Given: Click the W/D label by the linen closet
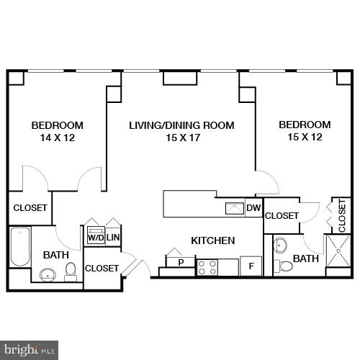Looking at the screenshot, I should pyautogui.click(x=95, y=237).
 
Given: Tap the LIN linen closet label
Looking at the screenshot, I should pyautogui.click(x=113, y=237).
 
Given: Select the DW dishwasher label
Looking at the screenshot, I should pyautogui.click(x=253, y=209).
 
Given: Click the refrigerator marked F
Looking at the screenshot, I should pyautogui.click(x=251, y=266).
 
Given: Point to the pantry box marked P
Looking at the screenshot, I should pyautogui.click(x=181, y=262).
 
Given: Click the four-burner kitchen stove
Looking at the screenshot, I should pyautogui.click(x=207, y=267).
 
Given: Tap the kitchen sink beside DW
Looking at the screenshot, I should pyautogui.click(x=235, y=209).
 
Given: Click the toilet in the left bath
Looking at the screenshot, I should pyautogui.click(x=71, y=270).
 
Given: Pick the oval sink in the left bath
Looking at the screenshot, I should pyautogui.click(x=48, y=274).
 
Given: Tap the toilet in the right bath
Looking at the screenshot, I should pyautogui.click(x=285, y=266).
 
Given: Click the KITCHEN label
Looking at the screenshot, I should pyautogui.click(x=212, y=240).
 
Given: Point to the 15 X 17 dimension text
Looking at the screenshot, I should pyautogui.click(x=181, y=138).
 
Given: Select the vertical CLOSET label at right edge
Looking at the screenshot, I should pyautogui.click(x=342, y=215).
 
